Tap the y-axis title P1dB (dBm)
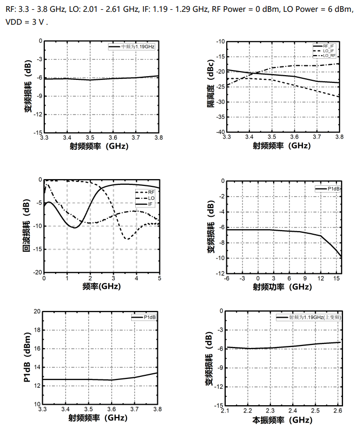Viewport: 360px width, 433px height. pyautogui.click(x=26, y=357)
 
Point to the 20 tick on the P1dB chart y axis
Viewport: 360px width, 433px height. pyautogui.click(x=37, y=311)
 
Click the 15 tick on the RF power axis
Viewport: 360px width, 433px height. pyautogui.click(x=336, y=278)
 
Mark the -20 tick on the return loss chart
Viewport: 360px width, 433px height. pyautogui.click(x=35, y=272)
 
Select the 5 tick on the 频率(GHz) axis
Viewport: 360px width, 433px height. pyautogui.click(x=159, y=278)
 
